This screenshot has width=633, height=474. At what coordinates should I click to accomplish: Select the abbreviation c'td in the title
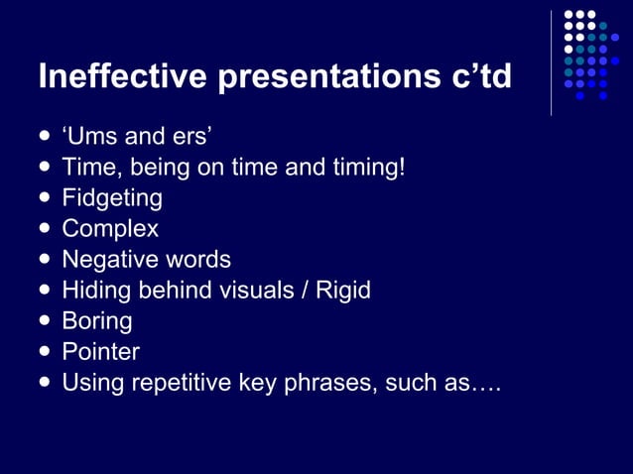[480, 76]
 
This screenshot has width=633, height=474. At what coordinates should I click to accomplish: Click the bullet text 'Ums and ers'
[137, 137]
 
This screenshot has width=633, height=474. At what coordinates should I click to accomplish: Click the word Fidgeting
[112, 198]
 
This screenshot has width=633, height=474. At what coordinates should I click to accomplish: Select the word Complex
[110, 229]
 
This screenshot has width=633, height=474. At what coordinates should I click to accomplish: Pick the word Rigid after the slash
[343, 291]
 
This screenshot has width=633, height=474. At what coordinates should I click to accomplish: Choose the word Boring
[97, 321]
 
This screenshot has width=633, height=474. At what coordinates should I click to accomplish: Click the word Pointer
[101, 352]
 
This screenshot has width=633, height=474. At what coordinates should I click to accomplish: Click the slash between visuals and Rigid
[307, 291]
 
